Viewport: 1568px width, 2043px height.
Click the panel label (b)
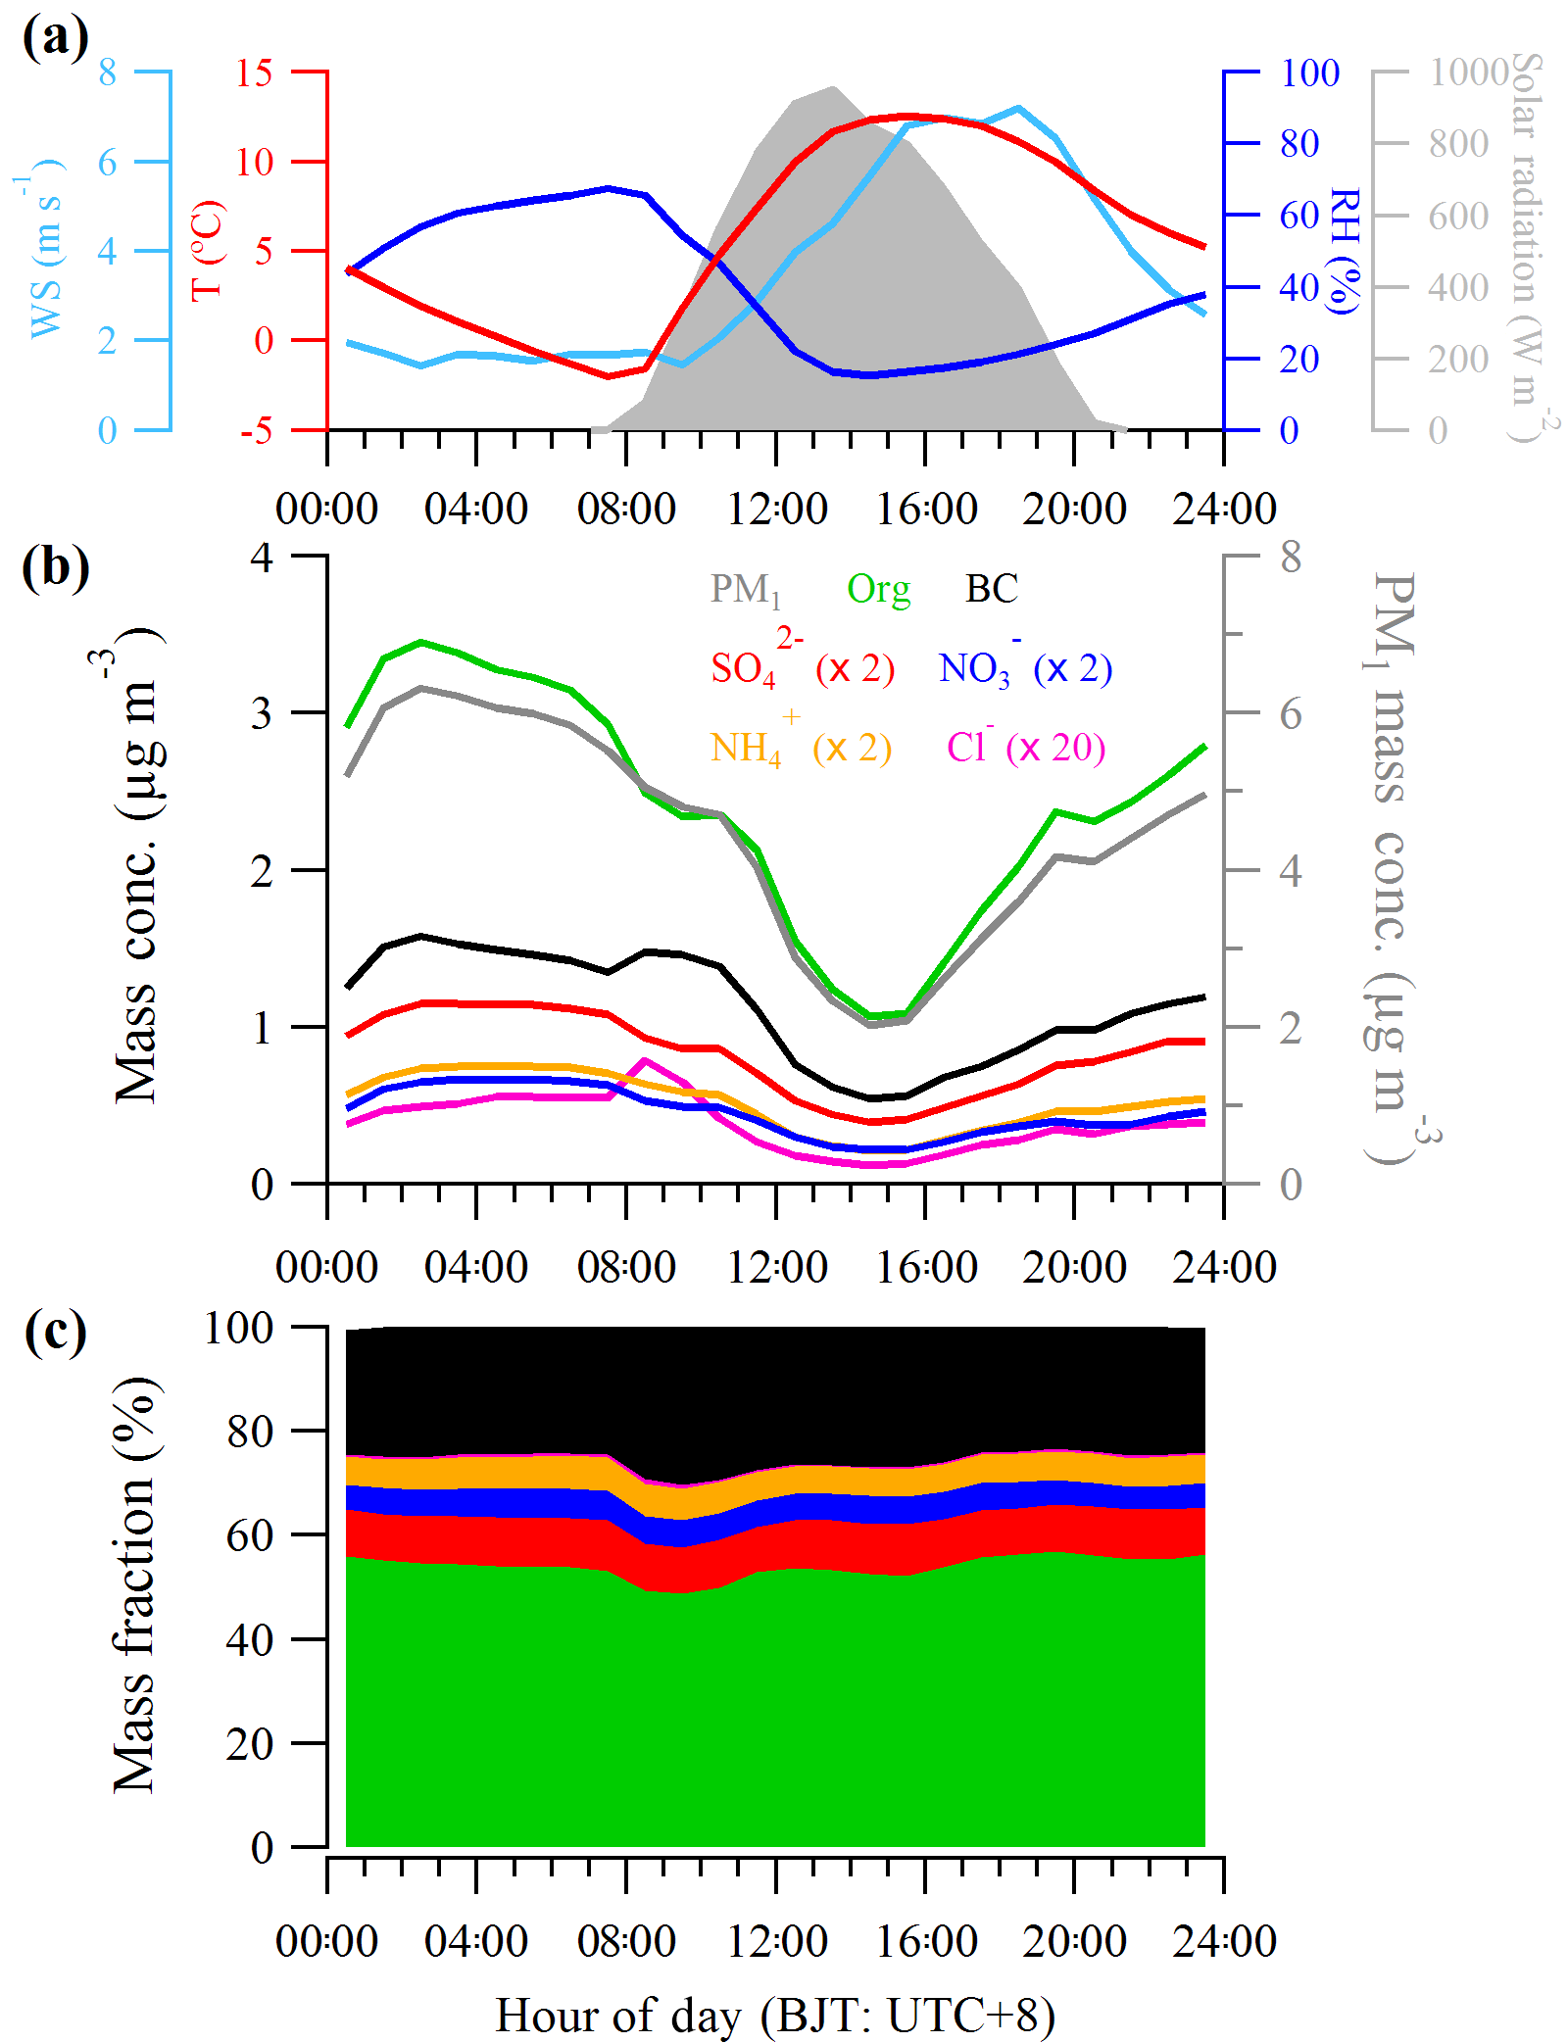tap(55, 568)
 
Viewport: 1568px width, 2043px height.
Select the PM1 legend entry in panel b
tap(745, 590)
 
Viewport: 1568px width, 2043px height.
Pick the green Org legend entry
tap(878, 590)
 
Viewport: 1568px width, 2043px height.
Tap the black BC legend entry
tap(991, 589)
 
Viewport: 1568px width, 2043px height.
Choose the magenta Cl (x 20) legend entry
tap(1025, 747)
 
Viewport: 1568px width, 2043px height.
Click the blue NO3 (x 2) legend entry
tap(1024, 668)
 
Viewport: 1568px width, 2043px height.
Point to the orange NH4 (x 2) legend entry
tap(801, 748)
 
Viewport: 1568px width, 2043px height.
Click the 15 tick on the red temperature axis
tap(254, 73)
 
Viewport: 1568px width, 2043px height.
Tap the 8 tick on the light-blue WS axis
tap(107, 73)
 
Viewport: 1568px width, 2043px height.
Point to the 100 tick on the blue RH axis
tap(1309, 73)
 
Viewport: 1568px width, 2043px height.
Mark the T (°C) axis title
tap(208, 251)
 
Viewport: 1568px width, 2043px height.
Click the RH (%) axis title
tap(1345, 251)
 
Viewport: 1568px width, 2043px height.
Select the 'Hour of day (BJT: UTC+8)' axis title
tap(775, 2015)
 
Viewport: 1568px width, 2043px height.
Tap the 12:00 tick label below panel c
tap(776, 1940)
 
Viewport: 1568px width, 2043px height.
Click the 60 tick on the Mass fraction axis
tap(249, 1535)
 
